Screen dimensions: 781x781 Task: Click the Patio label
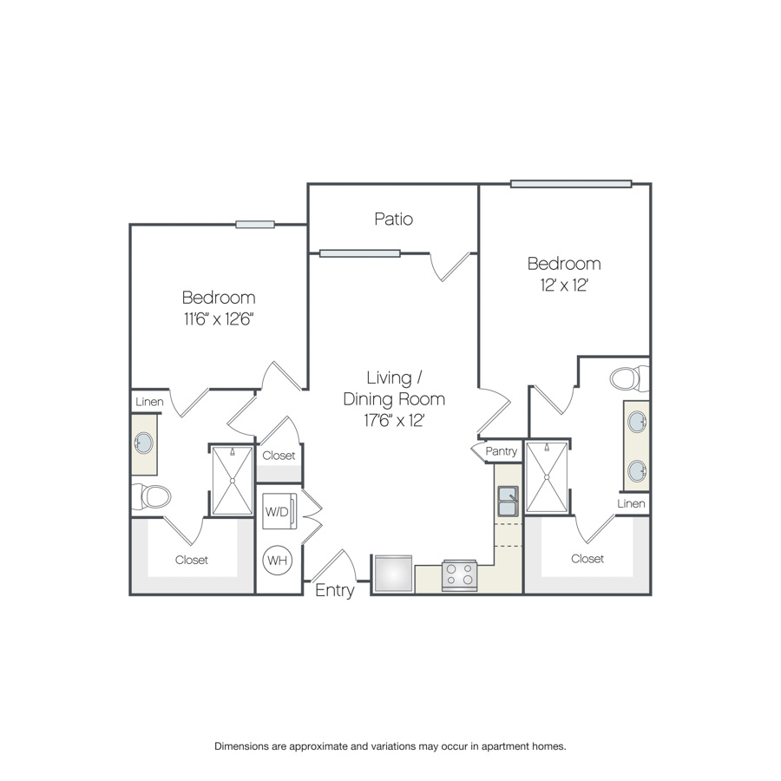click(x=393, y=220)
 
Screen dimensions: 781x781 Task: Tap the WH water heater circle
click(x=278, y=561)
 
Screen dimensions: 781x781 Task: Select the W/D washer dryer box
click(x=279, y=511)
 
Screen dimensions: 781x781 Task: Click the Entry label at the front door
click(x=335, y=590)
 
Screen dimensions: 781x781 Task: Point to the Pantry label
click(x=501, y=451)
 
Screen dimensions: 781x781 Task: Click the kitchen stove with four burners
click(x=460, y=575)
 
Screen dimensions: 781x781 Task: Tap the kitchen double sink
click(x=508, y=501)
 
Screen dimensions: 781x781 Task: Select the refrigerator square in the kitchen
click(x=393, y=574)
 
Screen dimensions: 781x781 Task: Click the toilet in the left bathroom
click(x=152, y=496)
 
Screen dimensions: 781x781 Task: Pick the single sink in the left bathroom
click(x=143, y=443)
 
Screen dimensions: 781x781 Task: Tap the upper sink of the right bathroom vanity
click(x=637, y=423)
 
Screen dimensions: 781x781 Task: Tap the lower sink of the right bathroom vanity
click(x=637, y=470)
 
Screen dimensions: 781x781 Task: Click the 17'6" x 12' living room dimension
click(x=394, y=420)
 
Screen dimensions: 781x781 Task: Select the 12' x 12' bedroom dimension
click(x=564, y=285)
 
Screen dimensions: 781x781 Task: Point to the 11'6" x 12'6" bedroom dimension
click(x=219, y=318)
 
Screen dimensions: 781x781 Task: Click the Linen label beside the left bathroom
click(x=149, y=402)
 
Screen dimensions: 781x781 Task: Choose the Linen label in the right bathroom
click(x=631, y=503)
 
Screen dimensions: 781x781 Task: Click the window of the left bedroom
click(x=255, y=225)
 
